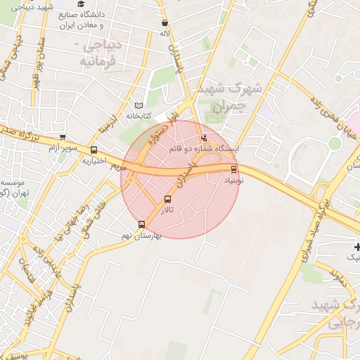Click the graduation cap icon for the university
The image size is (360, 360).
pyautogui.click(x=81, y=4)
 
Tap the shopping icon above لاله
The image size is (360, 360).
pyautogui.click(x=165, y=22)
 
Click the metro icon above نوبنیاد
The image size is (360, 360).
pyautogui.click(x=233, y=169)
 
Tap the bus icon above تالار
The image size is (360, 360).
pyautogui.click(x=167, y=199)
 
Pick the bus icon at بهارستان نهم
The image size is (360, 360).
pyautogui.click(x=142, y=225)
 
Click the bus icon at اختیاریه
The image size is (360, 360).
pyautogui.click(x=94, y=149)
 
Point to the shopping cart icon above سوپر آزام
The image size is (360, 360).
pyautogui.click(x=63, y=137)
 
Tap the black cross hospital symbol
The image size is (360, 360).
pyautogui.click(x=358, y=247)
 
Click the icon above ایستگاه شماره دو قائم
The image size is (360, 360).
pyautogui.click(x=205, y=138)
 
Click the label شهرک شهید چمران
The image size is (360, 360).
pyautogui.click(x=229, y=97)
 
